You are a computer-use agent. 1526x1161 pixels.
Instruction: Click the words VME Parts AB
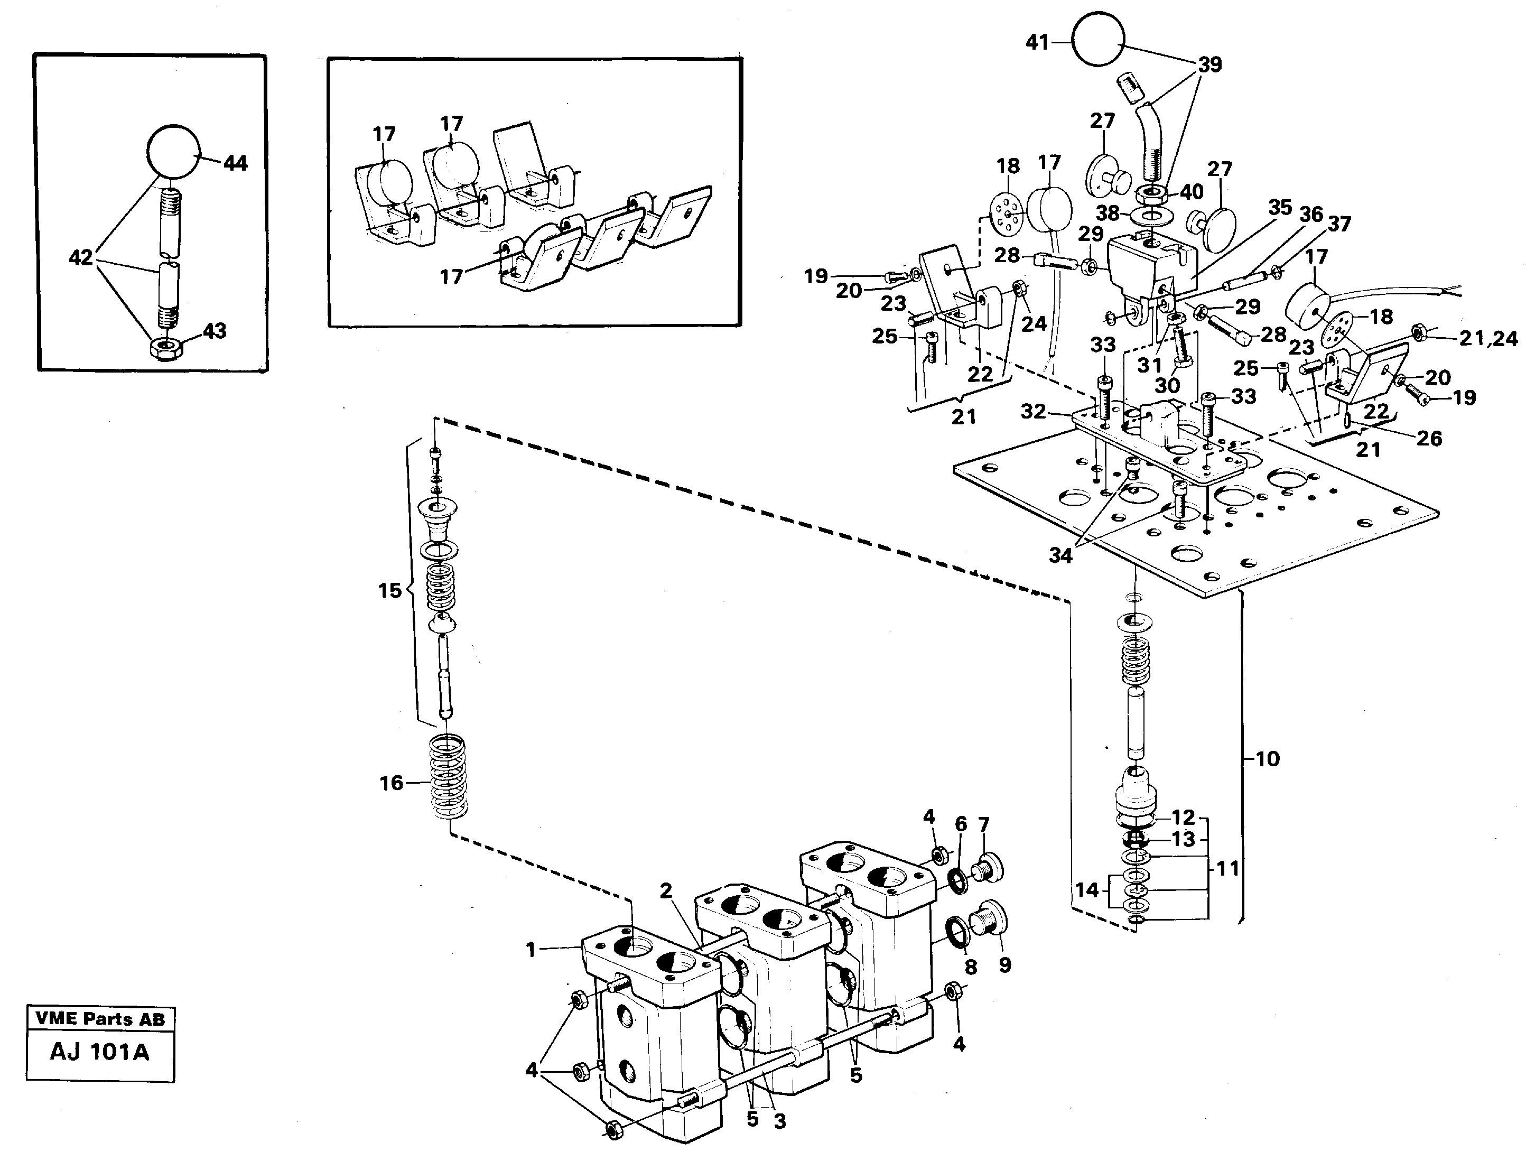coord(100,1019)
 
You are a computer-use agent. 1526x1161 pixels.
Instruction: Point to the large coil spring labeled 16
coord(448,777)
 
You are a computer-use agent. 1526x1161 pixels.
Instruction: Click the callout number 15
coord(389,590)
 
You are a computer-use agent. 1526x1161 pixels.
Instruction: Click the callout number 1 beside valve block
coord(531,950)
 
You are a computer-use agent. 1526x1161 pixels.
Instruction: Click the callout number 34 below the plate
coord(1060,555)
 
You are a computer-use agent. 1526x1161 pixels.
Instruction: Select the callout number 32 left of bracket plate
coord(1034,411)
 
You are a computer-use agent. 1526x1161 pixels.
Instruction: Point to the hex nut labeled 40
coord(1150,193)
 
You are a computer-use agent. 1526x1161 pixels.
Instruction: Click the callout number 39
coord(1209,65)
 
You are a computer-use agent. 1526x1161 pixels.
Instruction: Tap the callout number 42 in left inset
coord(81,258)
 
